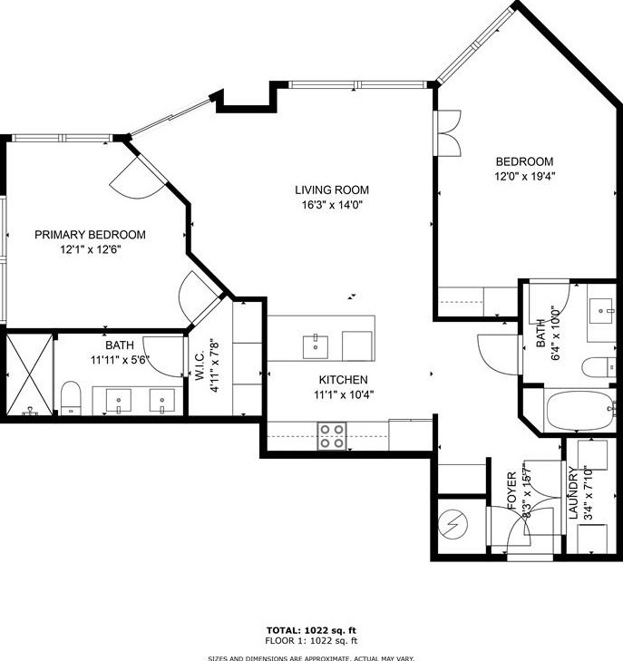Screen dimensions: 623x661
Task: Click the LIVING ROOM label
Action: click(x=332, y=190)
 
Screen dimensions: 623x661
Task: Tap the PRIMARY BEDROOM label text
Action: click(x=90, y=234)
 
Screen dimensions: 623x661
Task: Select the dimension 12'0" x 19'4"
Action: click(x=524, y=176)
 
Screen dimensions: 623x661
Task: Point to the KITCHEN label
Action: click(x=343, y=380)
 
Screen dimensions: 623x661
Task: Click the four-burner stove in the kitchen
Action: click(x=332, y=436)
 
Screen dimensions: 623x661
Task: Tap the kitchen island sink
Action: click(x=316, y=347)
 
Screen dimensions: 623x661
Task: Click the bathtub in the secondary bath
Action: click(x=580, y=411)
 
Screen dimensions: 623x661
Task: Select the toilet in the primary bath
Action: click(x=71, y=398)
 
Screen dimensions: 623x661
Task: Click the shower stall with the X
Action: click(x=30, y=374)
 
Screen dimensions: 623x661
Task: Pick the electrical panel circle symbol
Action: click(x=453, y=525)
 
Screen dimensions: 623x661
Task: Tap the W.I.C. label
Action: click(x=200, y=366)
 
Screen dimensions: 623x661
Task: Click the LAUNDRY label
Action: click(x=572, y=492)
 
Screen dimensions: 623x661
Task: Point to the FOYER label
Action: click(x=511, y=491)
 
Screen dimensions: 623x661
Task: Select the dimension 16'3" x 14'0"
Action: click(x=332, y=205)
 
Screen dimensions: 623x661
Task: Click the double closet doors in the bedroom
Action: click(x=449, y=133)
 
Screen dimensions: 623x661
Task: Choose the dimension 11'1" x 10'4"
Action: click(x=344, y=395)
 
